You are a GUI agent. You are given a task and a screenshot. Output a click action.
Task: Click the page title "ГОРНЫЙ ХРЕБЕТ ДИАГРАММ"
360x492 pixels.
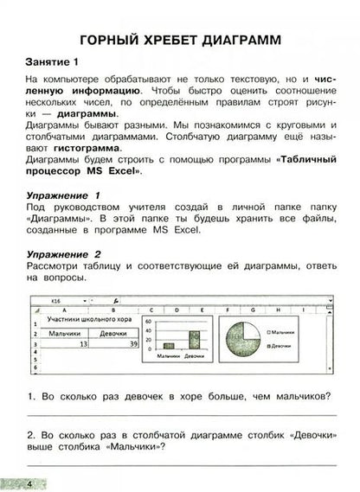point(179,40)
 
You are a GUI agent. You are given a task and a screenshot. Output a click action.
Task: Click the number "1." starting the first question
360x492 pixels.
point(32,396)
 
